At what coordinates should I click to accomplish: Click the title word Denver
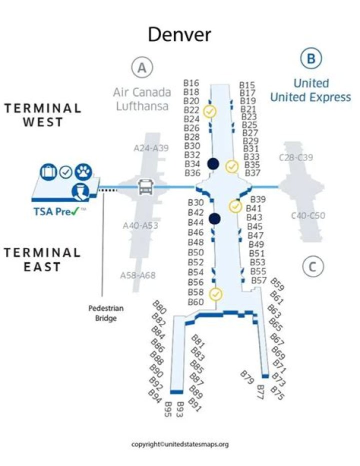(x=179, y=35)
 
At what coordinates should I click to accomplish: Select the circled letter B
(x=310, y=59)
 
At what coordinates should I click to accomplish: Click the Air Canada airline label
(x=142, y=93)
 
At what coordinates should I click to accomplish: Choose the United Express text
(x=310, y=97)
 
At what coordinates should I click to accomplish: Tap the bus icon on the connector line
(x=144, y=188)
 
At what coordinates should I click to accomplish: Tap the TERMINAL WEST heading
(x=42, y=115)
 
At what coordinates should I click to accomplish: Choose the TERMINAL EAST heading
(x=42, y=259)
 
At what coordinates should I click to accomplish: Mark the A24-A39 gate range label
(x=151, y=148)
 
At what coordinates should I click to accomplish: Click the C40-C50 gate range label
(x=308, y=216)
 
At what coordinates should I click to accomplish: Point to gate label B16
(x=191, y=83)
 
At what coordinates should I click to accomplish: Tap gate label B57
(x=258, y=281)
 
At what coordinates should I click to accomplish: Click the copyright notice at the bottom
(x=179, y=444)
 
